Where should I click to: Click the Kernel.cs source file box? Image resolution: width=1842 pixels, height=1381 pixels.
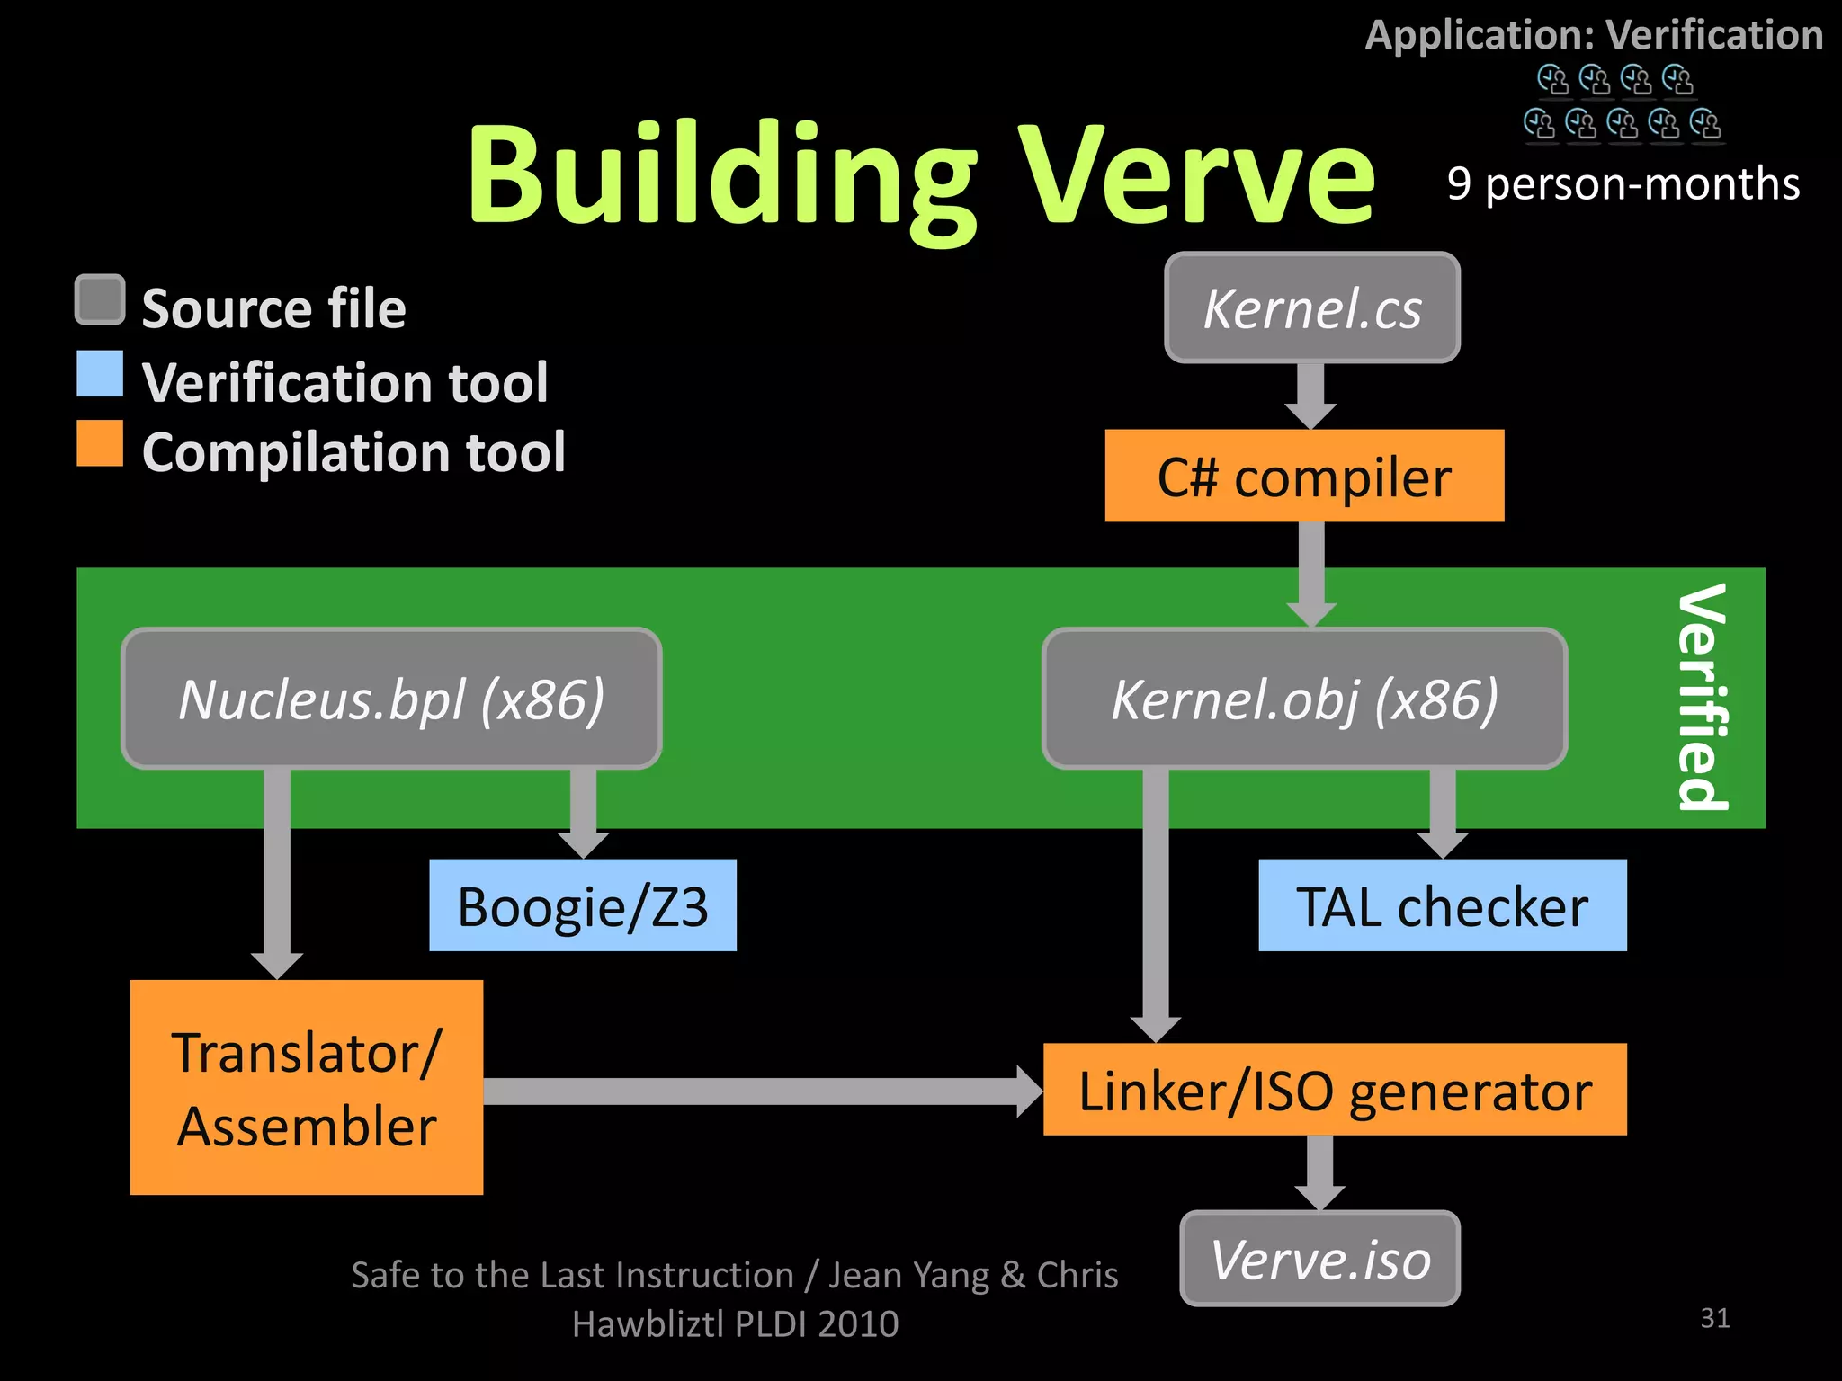pos(1311,308)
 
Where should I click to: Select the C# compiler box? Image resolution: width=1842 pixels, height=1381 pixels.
pos(1304,476)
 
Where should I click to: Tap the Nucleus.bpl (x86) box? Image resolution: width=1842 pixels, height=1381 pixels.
pos(391,699)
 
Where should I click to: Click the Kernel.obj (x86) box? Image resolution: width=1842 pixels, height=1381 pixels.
pos(1304,699)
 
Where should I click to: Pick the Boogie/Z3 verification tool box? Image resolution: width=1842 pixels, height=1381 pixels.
pos(583,905)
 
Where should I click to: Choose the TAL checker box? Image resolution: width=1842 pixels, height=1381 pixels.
pos(1442,905)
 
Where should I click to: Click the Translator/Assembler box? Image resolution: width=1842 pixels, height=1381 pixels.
pos(307,1087)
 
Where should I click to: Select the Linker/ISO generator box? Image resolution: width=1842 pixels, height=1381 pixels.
pos(1335,1090)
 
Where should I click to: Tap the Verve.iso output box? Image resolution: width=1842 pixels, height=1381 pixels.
pos(1319,1259)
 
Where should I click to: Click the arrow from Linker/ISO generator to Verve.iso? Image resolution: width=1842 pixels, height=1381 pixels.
pos(1319,1172)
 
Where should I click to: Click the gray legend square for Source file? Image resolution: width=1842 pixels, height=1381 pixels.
pos(100,299)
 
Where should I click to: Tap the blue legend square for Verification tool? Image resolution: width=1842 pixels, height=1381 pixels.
pos(100,374)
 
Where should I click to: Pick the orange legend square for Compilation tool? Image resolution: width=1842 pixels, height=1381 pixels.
pos(100,443)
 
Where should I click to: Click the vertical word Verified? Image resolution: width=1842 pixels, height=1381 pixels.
pos(1702,697)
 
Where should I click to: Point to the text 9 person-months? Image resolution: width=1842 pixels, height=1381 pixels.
pos(1623,184)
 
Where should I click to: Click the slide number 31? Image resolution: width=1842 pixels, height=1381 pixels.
pos(1714,1318)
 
